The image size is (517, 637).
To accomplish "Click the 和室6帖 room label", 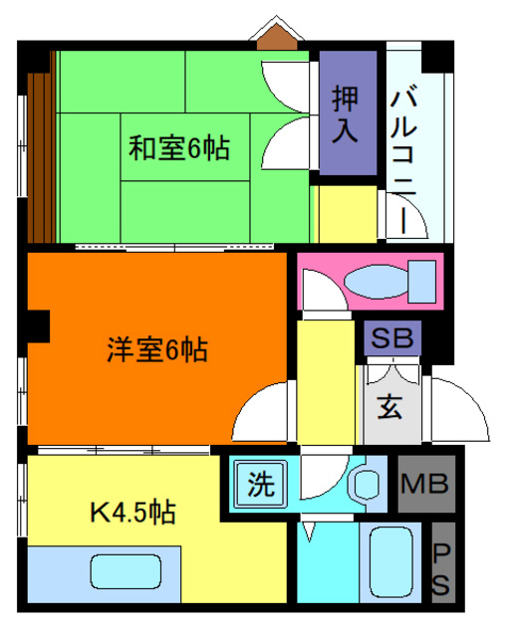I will pos(179,148).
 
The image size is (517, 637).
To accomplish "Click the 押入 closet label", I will pos(347,112).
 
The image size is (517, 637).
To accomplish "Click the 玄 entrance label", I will pos(389,407).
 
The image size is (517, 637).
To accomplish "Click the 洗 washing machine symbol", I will pos(260,485).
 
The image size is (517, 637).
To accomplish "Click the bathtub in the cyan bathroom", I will pos(389,563).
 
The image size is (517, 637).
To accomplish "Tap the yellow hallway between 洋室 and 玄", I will pos(320,377).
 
